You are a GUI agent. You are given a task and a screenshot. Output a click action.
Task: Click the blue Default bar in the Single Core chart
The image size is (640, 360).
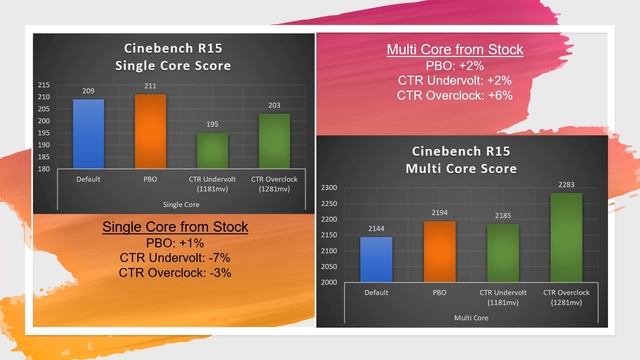tap(88, 134)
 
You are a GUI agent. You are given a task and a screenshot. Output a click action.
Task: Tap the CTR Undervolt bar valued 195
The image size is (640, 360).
tap(211, 151)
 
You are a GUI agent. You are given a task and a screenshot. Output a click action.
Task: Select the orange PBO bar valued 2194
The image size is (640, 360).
tap(438, 250)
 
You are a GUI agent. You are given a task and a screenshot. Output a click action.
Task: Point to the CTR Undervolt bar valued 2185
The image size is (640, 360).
tap(500, 251)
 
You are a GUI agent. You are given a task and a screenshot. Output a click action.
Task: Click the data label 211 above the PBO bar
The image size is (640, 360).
tap(150, 87)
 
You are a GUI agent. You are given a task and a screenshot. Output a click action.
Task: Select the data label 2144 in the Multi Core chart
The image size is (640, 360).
tap(377, 229)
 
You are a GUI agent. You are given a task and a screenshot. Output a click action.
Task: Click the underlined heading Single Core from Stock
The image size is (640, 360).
tap(176, 228)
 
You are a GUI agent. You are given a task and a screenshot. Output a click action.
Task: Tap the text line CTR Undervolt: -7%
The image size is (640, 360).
tap(176, 258)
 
